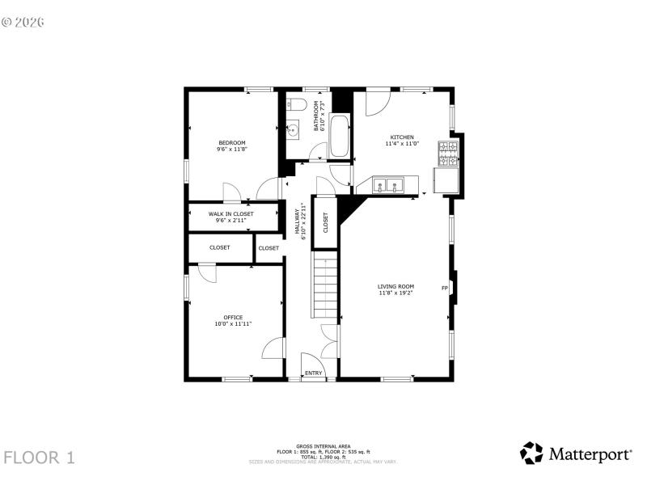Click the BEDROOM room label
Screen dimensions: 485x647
click(231, 143)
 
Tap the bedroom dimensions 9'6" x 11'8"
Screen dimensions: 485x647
click(231, 150)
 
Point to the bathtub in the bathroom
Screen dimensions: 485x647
click(340, 137)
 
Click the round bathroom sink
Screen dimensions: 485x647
click(294, 127)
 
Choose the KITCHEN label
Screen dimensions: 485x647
click(402, 137)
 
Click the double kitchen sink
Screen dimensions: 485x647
click(389, 186)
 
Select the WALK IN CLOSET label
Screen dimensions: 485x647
click(230, 214)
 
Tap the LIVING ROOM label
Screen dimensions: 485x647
click(395, 286)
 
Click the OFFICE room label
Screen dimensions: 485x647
click(233, 318)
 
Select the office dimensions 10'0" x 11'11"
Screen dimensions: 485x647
click(233, 324)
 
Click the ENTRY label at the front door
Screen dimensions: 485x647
click(313, 373)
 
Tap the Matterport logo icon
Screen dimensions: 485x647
click(531, 453)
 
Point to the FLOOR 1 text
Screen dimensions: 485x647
click(39, 458)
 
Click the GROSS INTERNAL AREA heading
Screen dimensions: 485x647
click(323, 446)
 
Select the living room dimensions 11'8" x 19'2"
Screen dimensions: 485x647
click(395, 293)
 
